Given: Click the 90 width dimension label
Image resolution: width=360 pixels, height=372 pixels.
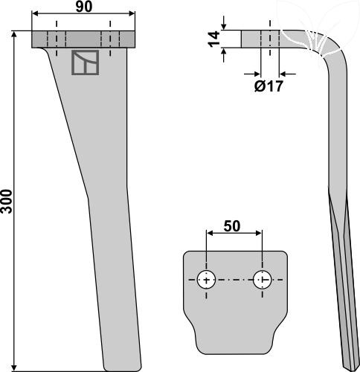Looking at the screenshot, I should click(x=84, y=6).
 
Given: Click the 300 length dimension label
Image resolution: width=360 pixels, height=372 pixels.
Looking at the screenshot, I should click(x=7, y=201).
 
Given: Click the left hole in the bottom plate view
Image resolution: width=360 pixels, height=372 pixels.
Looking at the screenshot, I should click(x=206, y=280).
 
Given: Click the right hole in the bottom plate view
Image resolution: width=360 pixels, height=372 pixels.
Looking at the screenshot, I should click(x=262, y=280).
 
